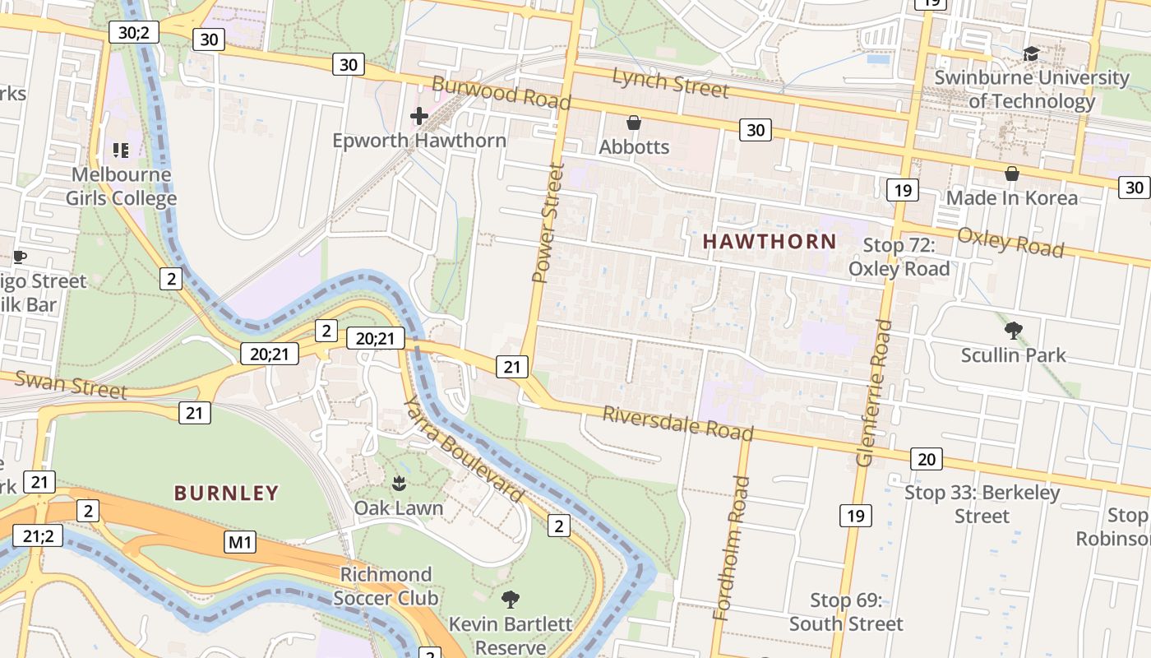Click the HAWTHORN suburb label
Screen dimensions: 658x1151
click(770, 242)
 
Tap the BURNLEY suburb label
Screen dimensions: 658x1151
click(226, 493)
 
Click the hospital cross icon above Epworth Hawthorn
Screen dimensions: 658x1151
click(419, 116)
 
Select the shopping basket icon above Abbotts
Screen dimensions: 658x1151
click(634, 123)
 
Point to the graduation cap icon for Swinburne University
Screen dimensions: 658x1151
click(1031, 54)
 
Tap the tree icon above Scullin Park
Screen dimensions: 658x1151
click(1013, 331)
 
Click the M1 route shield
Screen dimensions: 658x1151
click(240, 542)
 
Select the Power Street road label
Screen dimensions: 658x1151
click(548, 223)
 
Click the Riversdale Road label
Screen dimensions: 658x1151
click(677, 423)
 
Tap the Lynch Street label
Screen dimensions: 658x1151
click(670, 82)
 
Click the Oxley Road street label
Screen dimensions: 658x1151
click(1010, 241)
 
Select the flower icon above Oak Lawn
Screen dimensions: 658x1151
click(399, 484)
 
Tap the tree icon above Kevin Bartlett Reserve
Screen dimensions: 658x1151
click(510, 599)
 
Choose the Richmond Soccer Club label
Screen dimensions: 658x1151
click(386, 586)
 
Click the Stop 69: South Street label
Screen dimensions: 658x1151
click(846, 612)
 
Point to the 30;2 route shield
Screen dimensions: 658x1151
click(133, 32)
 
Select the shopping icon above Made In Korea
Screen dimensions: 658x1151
click(1012, 174)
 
